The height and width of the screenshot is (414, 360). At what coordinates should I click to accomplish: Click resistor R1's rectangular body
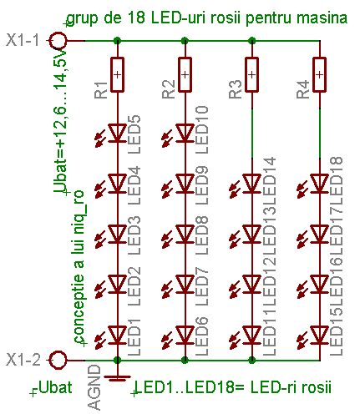tap(117, 74)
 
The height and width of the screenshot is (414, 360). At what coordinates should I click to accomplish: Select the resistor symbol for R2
tap(185, 74)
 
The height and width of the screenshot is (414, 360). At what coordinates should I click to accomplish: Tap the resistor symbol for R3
tap(251, 74)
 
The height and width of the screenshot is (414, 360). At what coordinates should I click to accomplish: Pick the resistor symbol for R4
tap(319, 74)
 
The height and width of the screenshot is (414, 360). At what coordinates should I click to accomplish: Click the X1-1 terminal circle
tap(58, 41)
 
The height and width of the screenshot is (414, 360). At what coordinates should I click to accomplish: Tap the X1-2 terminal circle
tap(58, 360)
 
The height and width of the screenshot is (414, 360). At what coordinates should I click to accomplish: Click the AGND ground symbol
tap(117, 378)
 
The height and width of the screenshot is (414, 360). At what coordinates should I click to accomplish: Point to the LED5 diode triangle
tap(117, 133)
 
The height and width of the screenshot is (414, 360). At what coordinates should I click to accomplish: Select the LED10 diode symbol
tap(185, 133)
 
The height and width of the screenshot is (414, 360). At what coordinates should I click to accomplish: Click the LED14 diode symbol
tap(251, 184)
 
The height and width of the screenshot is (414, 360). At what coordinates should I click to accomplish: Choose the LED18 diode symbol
tap(319, 184)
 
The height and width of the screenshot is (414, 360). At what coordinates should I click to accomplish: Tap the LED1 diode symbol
tap(117, 335)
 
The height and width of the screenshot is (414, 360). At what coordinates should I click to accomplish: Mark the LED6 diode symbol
tap(185, 335)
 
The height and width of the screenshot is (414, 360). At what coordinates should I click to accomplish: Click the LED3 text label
tap(134, 235)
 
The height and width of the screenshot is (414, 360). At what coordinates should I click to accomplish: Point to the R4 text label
tap(302, 89)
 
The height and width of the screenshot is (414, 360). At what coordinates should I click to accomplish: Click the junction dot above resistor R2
tap(185, 41)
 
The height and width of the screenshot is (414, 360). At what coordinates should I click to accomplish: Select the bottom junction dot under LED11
tap(251, 360)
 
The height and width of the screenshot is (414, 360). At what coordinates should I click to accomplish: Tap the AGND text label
tap(94, 387)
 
